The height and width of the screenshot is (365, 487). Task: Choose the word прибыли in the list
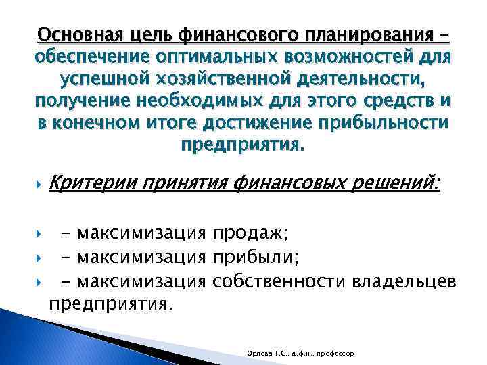[254, 258]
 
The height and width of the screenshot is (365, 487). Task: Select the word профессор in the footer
[343, 354]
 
